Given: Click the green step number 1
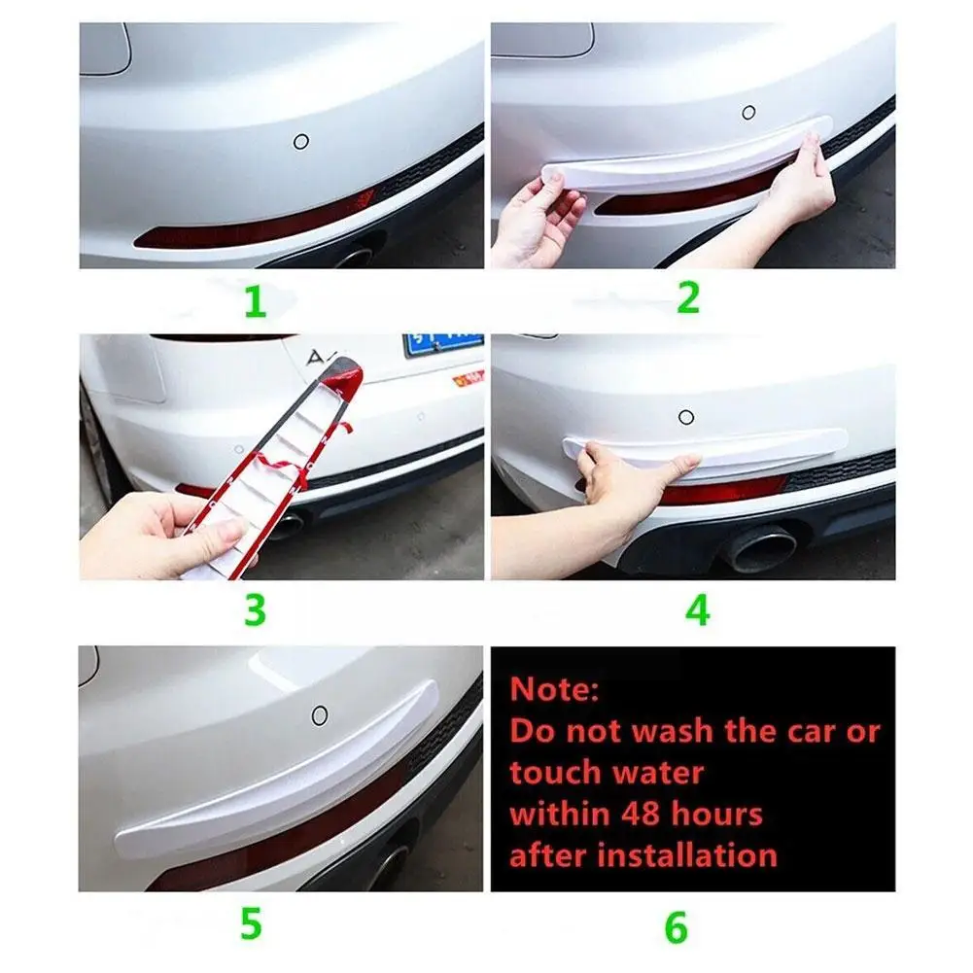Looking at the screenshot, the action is (x=255, y=301).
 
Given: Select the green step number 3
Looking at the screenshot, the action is (x=255, y=610).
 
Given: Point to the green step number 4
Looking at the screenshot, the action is (x=698, y=610).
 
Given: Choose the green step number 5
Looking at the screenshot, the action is (x=252, y=924).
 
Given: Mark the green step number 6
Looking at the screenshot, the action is (x=677, y=927).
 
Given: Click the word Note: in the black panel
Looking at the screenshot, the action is (x=554, y=689).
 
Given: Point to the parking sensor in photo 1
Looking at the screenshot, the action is (x=301, y=142).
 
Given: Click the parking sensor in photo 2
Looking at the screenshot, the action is (x=749, y=113).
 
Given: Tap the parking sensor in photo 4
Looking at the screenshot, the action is (x=686, y=417).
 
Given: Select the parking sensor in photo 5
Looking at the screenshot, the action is (x=320, y=716).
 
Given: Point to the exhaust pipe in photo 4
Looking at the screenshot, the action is (x=761, y=546).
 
